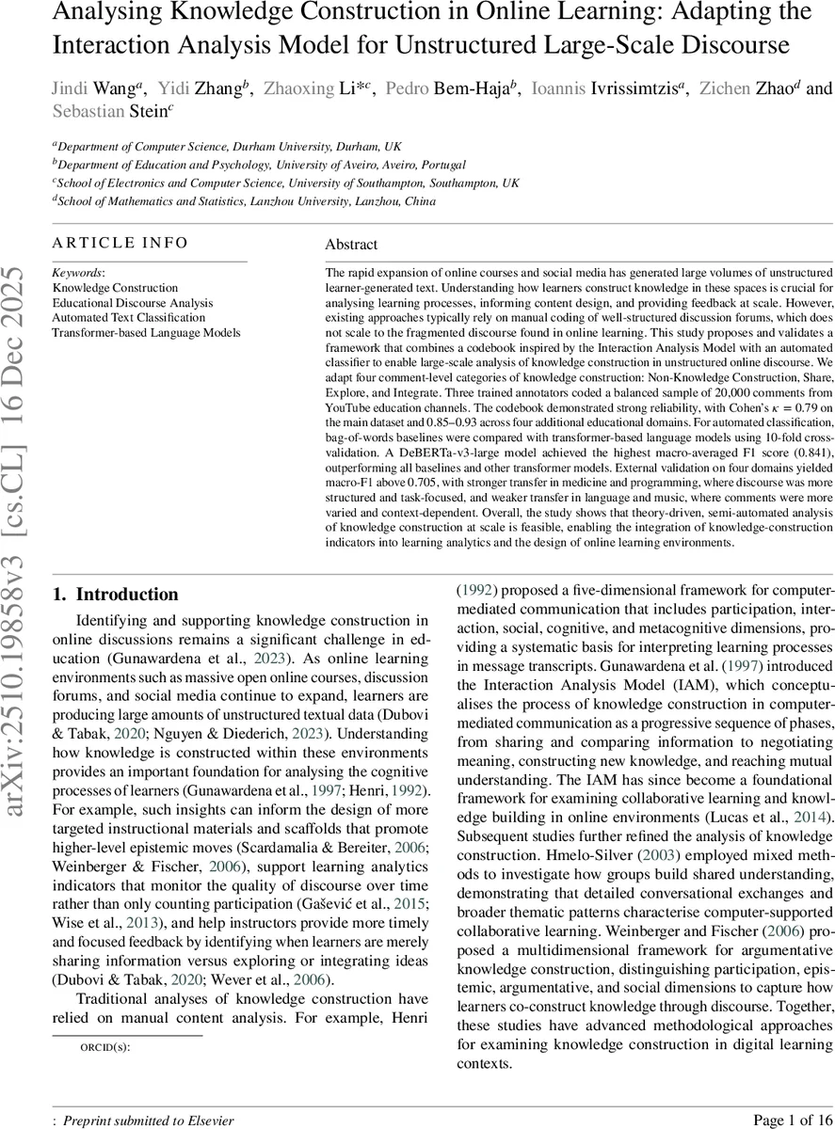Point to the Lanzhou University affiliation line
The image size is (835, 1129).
point(244,201)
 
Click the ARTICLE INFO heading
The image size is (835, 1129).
point(120,243)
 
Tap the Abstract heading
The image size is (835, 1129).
point(351,245)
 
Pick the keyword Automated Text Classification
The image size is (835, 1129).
point(125,317)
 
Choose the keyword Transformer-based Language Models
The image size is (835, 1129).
point(146,332)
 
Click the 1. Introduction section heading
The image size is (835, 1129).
point(115,595)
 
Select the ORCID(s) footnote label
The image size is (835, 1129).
point(104,1046)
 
